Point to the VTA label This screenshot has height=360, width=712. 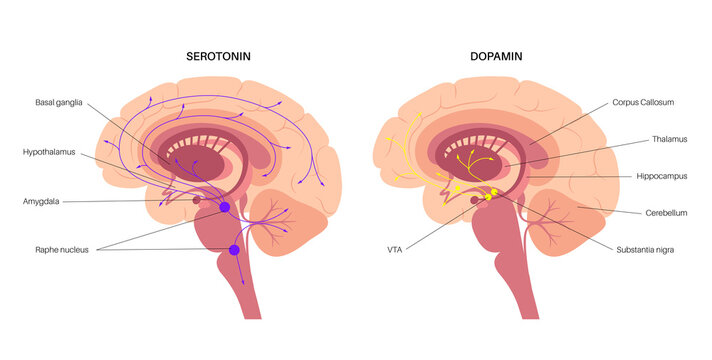coord(395,249)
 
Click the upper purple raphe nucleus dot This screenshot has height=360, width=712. coord(224,207)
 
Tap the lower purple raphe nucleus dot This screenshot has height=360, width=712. coord(234,250)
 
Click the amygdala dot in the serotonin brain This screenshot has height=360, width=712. coord(197,201)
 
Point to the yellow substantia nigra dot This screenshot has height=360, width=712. coord(491,196)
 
